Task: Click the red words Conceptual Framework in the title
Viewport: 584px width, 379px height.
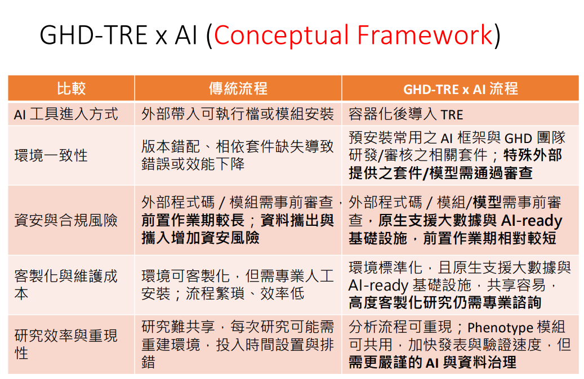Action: pos(353,35)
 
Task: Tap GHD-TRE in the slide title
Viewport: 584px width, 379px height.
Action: pos(94,35)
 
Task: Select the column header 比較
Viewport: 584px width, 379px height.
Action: pos(71,88)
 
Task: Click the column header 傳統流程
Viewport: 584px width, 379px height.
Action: pos(238,88)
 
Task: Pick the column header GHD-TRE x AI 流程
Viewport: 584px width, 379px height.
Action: pos(460,89)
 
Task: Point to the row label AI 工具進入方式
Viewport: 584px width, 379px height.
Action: pos(66,114)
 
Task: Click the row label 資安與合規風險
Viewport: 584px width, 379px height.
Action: pos(66,220)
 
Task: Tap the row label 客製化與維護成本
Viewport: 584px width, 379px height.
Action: pos(66,284)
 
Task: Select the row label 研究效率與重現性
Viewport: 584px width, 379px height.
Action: pos(66,345)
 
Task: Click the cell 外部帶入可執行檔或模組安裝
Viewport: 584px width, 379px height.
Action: pos(238,114)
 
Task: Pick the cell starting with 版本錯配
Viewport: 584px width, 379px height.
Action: pos(238,155)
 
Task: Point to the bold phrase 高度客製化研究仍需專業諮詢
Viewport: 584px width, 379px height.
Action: pos(445,302)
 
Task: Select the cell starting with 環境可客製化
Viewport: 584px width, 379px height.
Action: pos(238,284)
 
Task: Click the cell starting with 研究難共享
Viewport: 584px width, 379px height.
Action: pos(238,345)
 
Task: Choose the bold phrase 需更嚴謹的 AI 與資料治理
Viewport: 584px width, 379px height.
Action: pos(432,362)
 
